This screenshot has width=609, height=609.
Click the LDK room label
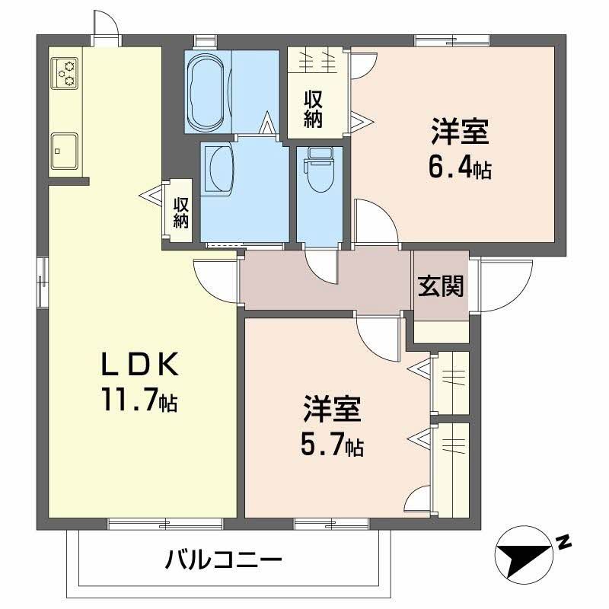[x=140, y=366]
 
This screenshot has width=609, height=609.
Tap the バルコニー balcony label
[x=224, y=563]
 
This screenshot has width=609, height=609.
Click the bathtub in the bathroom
[x=207, y=91]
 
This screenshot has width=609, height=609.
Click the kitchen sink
[x=65, y=148]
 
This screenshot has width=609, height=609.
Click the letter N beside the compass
[x=563, y=543]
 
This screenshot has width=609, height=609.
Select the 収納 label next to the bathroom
[x=313, y=109]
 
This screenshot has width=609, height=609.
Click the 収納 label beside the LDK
[x=180, y=213]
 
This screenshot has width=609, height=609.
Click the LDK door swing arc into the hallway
[x=213, y=277]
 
